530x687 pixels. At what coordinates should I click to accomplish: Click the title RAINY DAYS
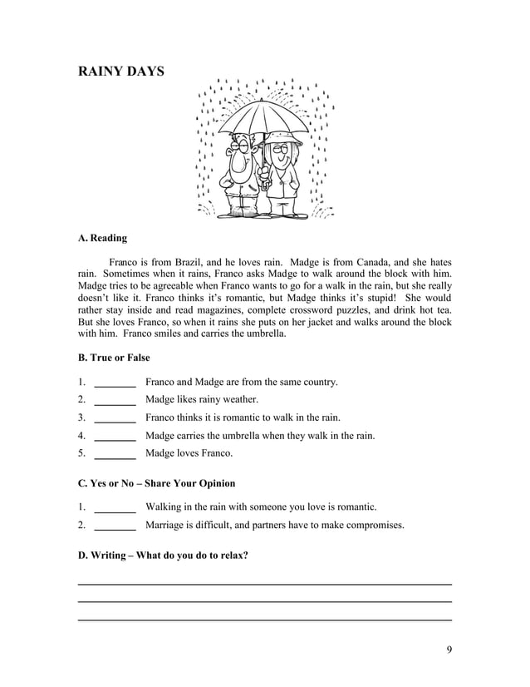[x=120, y=72]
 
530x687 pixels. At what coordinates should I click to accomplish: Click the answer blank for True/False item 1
[x=115, y=383]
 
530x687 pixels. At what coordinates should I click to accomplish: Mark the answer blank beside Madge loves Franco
[x=115, y=455]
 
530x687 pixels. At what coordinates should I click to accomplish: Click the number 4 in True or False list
[x=81, y=436]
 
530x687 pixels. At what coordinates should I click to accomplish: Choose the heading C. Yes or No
[x=156, y=483]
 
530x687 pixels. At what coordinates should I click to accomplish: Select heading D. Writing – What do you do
[x=163, y=555]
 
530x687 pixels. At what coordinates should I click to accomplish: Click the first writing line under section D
[x=264, y=584]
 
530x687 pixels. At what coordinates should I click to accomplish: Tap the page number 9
[x=449, y=650]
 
